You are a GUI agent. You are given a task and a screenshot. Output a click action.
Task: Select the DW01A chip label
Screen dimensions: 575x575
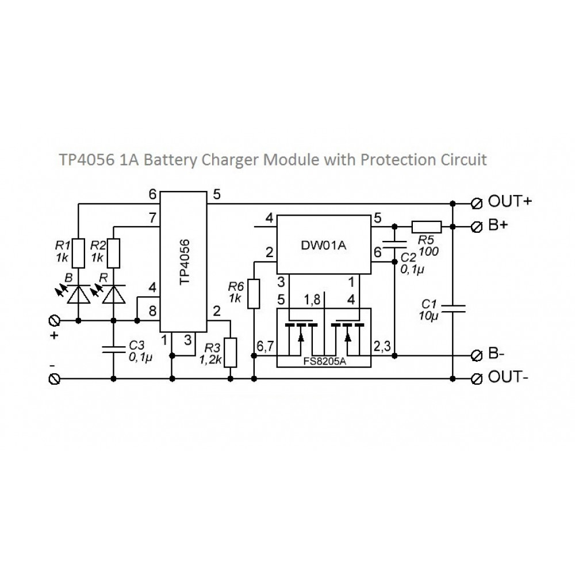coord(324,245)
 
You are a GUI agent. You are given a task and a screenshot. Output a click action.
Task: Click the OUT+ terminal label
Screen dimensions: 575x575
coord(510,202)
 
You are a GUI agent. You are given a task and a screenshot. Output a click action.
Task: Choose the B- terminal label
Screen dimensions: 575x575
coord(497,355)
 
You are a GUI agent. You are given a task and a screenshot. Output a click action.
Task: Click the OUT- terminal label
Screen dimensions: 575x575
coord(509,378)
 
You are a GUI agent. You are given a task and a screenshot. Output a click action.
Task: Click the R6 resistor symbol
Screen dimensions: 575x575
coord(254,294)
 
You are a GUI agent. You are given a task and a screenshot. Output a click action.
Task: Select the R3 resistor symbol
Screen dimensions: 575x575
coord(231,353)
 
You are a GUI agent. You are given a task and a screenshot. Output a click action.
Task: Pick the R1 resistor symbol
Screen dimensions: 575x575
coord(78,253)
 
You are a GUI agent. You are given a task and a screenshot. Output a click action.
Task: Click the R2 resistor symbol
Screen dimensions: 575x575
coord(114,253)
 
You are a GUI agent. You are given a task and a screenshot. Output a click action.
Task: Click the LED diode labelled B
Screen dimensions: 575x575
coord(78,294)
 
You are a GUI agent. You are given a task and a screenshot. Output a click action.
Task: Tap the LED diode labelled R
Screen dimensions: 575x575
coord(114,294)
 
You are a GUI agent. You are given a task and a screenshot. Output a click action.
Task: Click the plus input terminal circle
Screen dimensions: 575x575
coord(56,320)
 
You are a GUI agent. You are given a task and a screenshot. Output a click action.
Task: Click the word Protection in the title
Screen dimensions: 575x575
coord(397,159)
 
